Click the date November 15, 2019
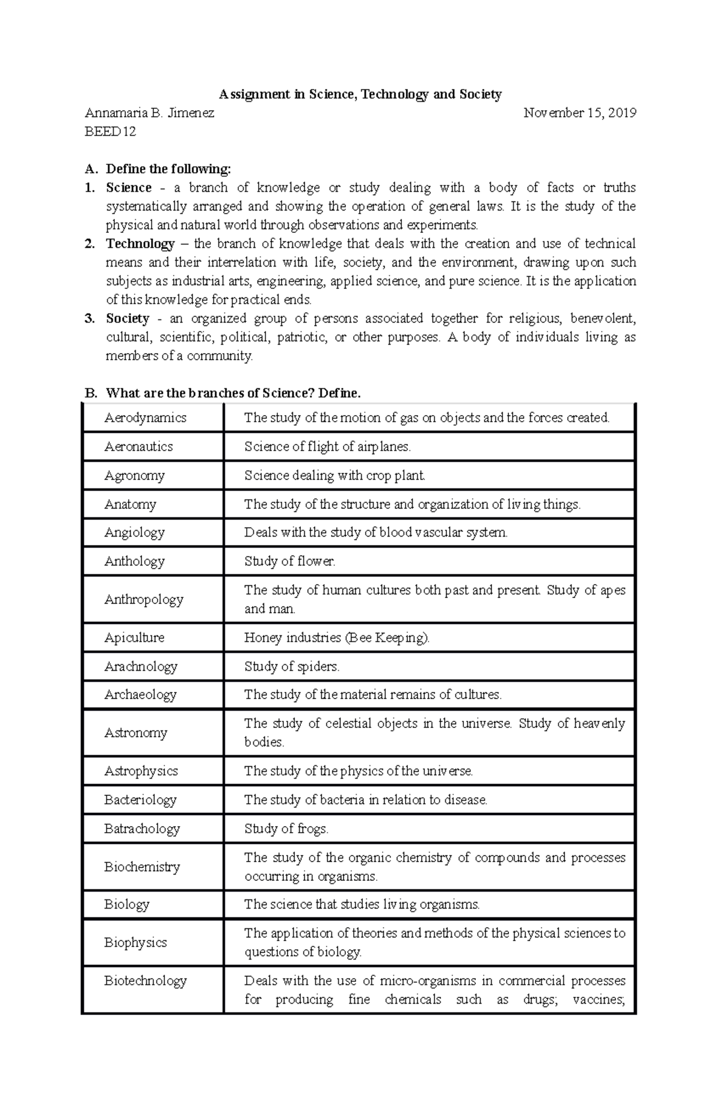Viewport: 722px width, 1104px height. (x=579, y=113)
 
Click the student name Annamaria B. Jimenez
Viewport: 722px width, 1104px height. (x=150, y=113)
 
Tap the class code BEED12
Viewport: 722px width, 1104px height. (x=111, y=132)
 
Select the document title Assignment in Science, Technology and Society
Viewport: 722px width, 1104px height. (x=360, y=94)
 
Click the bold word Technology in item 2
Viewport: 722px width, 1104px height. (x=140, y=244)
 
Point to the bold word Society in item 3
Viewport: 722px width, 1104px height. (x=128, y=318)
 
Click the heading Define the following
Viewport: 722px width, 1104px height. (x=168, y=169)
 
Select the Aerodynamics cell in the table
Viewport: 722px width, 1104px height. (x=145, y=418)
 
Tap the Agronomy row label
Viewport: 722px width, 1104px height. (x=134, y=475)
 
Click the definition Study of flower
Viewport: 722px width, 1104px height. (x=289, y=561)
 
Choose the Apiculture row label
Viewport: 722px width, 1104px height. (x=134, y=638)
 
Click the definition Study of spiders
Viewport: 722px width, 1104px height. (x=292, y=667)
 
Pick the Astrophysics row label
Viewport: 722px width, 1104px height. (x=141, y=771)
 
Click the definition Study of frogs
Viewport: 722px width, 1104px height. (x=286, y=829)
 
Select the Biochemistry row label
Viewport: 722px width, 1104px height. (x=142, y=867)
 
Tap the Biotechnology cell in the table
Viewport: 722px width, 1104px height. (x=145, y=981)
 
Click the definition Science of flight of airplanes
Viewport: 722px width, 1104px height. (x=327, y=446)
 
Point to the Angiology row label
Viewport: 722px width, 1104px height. (x=134, y=532)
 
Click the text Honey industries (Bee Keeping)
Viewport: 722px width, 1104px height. (x=337, y=638)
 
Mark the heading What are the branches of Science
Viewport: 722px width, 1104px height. (x=233, y=393)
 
